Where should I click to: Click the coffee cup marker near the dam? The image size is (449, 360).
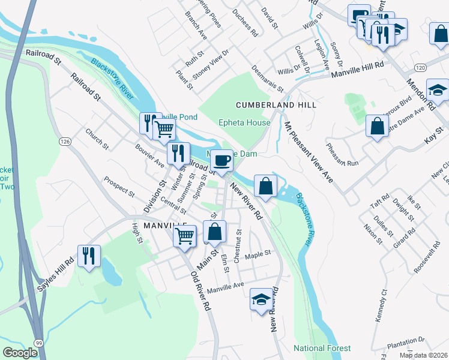pyautogui.click(x=222, y=160)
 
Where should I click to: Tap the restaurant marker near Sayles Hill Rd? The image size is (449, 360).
pyautogui.click(x=89, y=256)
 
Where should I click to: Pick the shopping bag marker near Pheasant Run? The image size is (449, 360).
pyautogui.click(x=377, y=126)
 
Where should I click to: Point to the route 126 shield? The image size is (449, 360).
pyautogui.click(x=65, y=142)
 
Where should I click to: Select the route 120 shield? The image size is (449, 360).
pyautogui.click(x=420, y=67)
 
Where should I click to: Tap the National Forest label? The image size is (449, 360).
pyautogui.click(x=322, y=348)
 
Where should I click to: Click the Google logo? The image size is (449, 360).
pyautogui.click(x=21, y=352)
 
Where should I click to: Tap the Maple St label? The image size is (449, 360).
pyautogui.click(x=258, y=254)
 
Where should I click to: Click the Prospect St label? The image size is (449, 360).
pyautogui.click(x=119, y=187)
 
